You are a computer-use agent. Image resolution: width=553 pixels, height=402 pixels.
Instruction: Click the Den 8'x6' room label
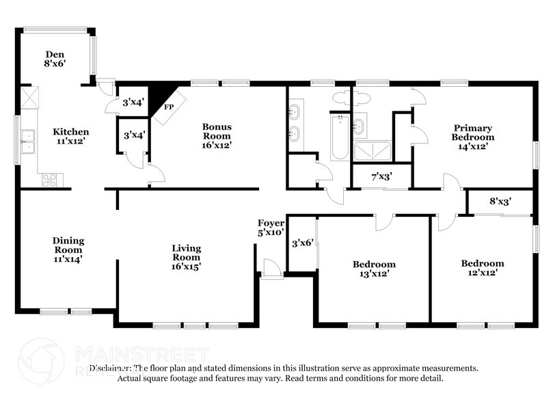coord(55,59)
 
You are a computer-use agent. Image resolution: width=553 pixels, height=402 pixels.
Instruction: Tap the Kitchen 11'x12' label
coord(70,136)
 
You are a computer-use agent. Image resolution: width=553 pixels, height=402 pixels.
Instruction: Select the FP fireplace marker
coord(169,107)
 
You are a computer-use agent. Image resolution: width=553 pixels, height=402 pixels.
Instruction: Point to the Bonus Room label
coord(217,136)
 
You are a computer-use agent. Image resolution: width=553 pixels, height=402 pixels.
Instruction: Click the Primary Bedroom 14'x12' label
coord(472,137)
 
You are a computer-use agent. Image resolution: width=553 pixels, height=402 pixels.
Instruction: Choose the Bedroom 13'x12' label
coord(374,269)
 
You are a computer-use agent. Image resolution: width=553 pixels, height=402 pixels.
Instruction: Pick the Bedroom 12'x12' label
coord(483,268)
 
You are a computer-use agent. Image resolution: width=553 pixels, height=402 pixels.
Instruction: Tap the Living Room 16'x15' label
coord(186,258)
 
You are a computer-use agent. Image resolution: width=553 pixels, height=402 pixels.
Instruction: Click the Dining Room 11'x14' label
coord(68,250)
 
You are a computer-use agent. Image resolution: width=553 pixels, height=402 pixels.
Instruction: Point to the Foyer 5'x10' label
coord(271,228)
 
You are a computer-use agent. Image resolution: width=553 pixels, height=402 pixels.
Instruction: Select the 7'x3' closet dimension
coord(382,176)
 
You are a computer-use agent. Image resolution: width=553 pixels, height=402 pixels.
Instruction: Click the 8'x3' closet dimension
coord(500,201)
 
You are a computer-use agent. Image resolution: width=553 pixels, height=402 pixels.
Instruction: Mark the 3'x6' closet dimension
coord(303,243)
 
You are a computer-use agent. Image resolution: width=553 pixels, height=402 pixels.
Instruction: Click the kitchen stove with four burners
coord(49,180)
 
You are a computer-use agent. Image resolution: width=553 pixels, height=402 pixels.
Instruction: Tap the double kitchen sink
coord(28,142)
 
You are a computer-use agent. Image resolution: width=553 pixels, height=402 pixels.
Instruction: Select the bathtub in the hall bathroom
coord(340,137)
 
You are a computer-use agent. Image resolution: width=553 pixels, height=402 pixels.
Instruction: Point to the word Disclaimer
coord(110,368)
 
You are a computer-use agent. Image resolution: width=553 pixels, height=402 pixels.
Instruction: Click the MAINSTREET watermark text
coord(142,354)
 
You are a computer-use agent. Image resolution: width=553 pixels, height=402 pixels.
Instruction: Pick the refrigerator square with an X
coord(29,98)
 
